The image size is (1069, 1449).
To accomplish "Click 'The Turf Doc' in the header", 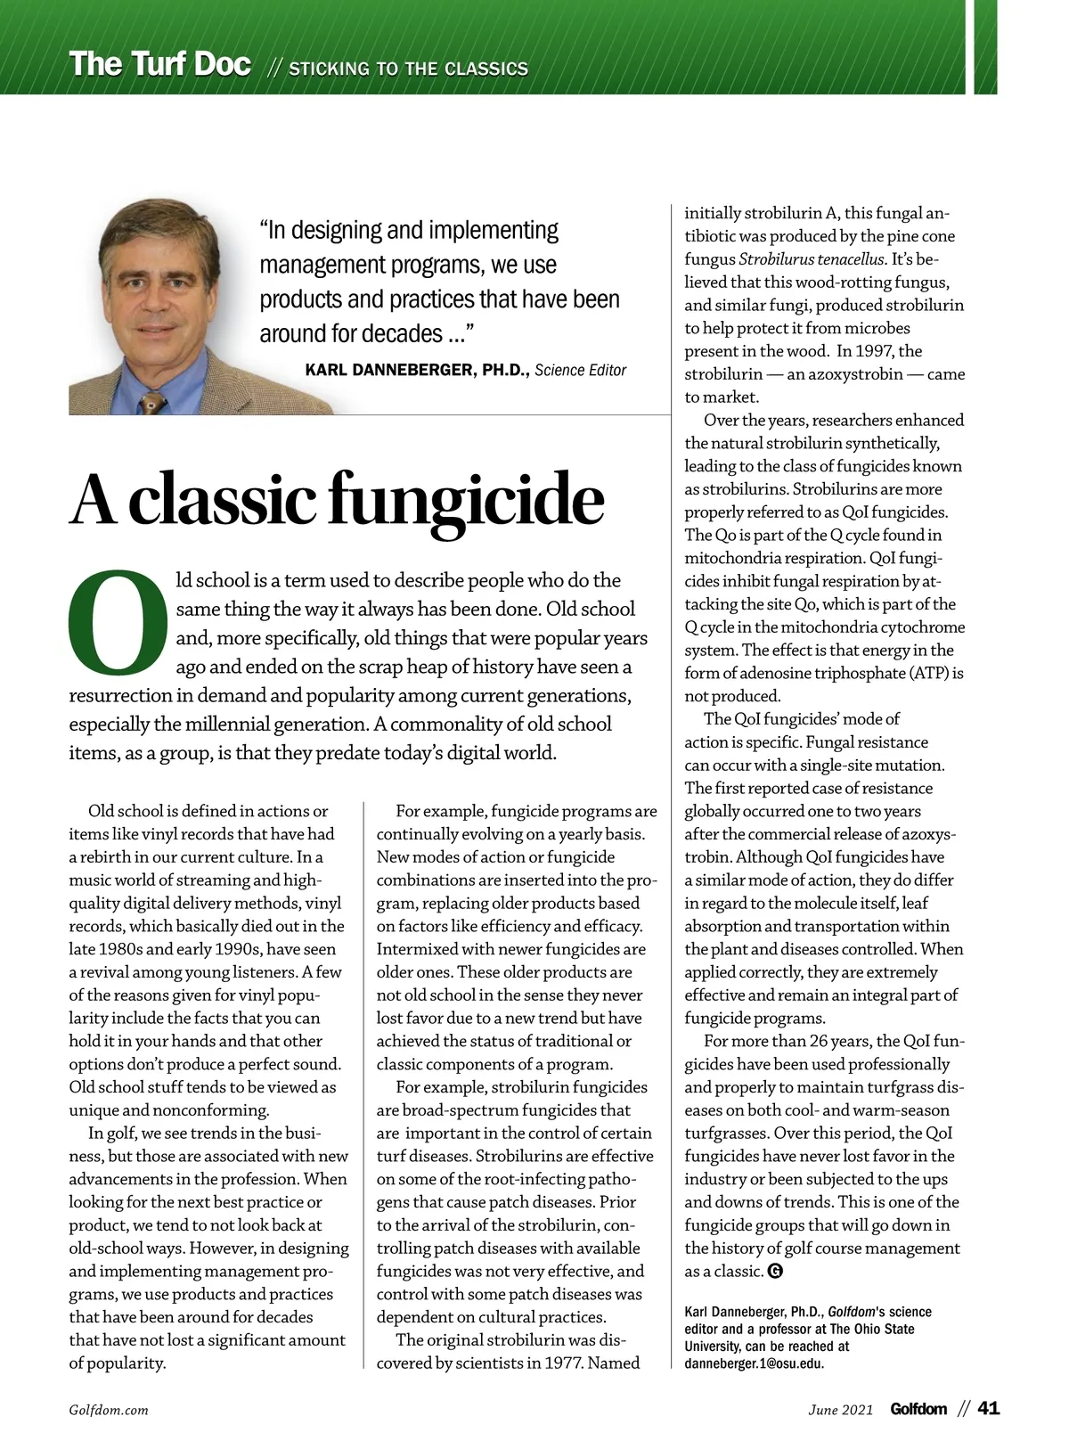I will pos(160,64).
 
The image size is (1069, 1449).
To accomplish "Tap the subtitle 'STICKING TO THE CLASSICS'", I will pos(408,69).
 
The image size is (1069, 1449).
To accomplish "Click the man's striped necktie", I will pos(152,402).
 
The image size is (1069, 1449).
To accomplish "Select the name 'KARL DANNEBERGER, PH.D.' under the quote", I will pos(417,370).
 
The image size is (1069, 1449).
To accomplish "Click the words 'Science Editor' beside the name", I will pos(581,370).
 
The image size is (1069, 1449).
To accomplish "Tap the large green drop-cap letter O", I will pos(118,623).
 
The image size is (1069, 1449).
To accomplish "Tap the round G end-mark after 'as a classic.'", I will pos(775,1272).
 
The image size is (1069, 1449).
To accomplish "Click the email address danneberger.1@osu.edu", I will pos(754,1363).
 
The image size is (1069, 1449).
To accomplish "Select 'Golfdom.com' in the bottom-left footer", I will pos(109,1410).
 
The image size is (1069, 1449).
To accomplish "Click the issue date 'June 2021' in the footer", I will pos(840,1410).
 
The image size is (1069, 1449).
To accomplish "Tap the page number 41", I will pos(989,1409).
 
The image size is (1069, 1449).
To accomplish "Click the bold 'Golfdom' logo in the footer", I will pos(918,1409).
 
